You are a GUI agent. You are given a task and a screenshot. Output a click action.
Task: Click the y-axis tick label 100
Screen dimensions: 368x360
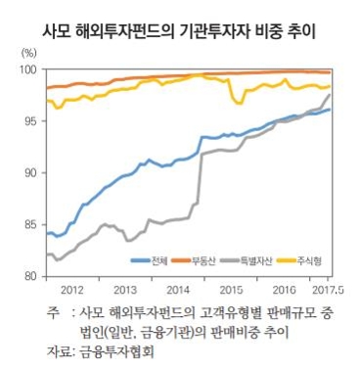[28, 70]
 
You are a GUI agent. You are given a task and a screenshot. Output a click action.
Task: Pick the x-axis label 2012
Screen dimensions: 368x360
[71, 291]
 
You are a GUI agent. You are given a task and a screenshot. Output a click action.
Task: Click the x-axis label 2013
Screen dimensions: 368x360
[124, 291]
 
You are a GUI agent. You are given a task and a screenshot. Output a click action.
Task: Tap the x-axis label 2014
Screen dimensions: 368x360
[177, 291]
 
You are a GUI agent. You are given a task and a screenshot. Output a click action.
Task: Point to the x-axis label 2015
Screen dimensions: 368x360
[230, 291]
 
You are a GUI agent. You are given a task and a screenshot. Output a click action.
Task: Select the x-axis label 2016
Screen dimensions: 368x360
[283, 291]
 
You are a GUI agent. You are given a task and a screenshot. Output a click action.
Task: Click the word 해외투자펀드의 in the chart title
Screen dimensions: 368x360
[130, 23]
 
